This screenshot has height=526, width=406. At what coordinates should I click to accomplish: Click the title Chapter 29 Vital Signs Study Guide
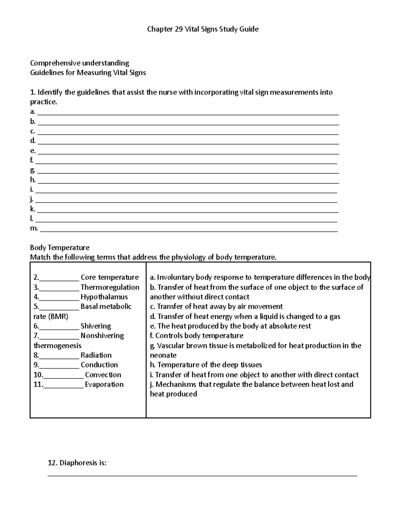[203, 29]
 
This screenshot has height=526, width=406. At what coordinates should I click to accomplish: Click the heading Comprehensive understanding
[80, 63]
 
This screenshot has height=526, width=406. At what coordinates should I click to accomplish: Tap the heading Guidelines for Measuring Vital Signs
[88, 72]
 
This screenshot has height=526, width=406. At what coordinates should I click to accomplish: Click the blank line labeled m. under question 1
[189, 230]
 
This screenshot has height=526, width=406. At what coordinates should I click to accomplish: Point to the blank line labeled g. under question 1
[188, 172]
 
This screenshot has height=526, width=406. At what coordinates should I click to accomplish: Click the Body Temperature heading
[60, 248]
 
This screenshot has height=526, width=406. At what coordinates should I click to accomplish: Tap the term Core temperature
[110, 277]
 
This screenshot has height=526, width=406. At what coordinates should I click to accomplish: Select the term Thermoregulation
[110, 287]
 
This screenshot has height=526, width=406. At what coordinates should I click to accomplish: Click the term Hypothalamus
[104, 297]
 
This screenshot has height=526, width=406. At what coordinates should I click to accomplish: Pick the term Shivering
[96, 326]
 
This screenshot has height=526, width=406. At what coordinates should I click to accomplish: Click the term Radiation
[96, 355]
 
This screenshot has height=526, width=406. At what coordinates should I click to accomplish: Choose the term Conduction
[99, 365]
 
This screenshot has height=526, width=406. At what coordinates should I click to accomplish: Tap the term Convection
[103, 375]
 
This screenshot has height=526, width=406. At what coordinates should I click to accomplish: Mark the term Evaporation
[104, 384]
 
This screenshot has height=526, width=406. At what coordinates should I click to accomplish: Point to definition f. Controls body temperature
[197, 336]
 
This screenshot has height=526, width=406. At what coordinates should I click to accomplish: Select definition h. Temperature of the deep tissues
[206, 365]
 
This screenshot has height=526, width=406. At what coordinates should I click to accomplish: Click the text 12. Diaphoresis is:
[77, 463]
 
